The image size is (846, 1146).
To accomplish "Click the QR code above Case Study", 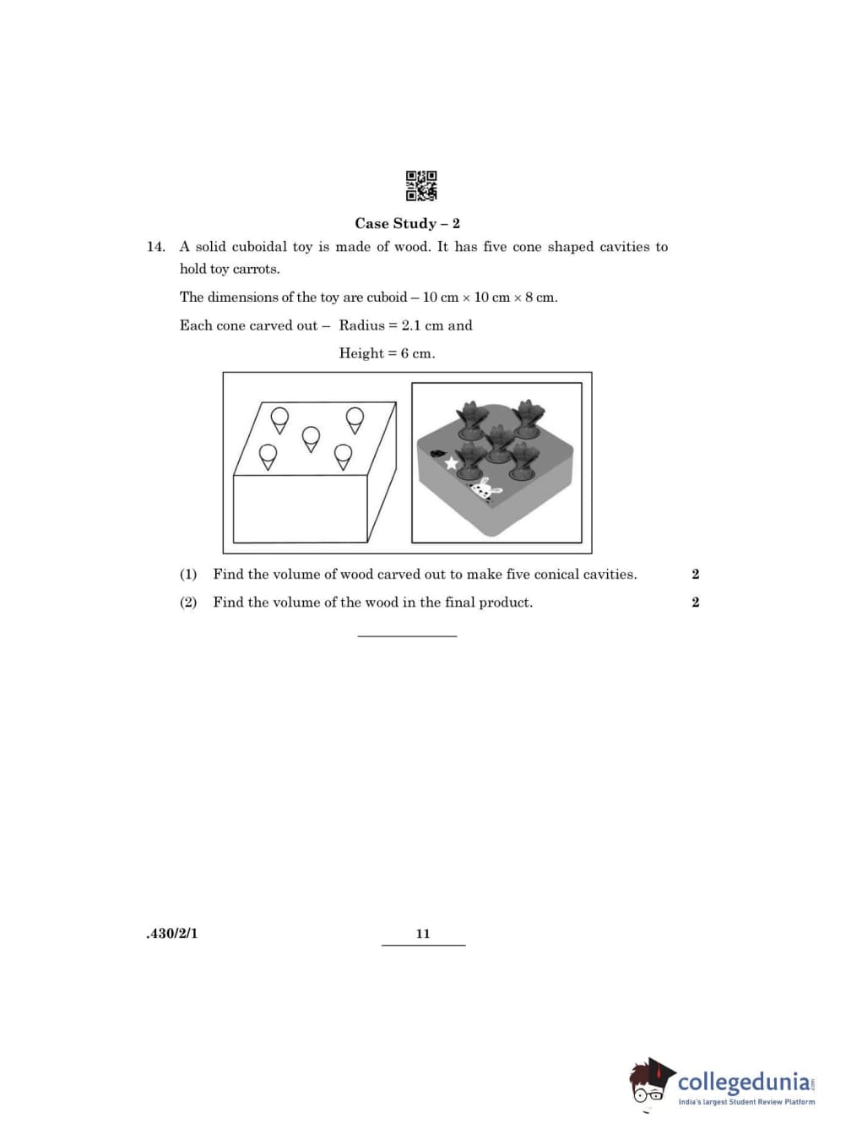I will (x=421, y=186).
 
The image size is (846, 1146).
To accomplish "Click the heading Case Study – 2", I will (x=407, y=223).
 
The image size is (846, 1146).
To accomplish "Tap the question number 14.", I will (x=155, y=247).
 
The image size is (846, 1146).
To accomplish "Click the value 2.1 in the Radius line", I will (x=410, y=325).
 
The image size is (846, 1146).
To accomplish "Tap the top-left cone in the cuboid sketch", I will (x=279, y=418).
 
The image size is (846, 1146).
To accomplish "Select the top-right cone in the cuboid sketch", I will (x=355, y=418).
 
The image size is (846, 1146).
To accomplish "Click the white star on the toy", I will (x=452, y=462).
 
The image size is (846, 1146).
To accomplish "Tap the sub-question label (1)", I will (x=188, y=575).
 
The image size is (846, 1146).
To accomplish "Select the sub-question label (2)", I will (x=188, y=603).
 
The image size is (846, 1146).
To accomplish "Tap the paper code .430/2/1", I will (x=172, y=934).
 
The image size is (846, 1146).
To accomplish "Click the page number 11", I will (x=423, y=934).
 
